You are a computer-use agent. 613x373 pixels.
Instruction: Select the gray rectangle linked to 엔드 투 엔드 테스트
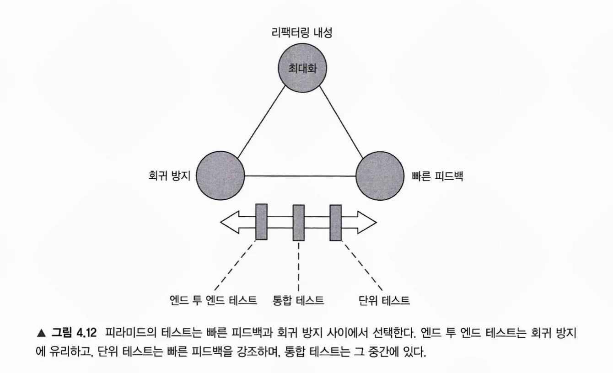262,222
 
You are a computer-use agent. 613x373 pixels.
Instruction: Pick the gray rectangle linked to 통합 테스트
298,222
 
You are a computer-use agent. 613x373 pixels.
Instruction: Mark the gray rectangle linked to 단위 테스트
335,222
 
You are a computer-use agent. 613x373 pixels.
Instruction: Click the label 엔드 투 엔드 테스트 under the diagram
213,300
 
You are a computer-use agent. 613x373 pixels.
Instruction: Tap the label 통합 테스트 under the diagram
298,300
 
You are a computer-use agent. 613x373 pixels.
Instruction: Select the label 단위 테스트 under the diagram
384,300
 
